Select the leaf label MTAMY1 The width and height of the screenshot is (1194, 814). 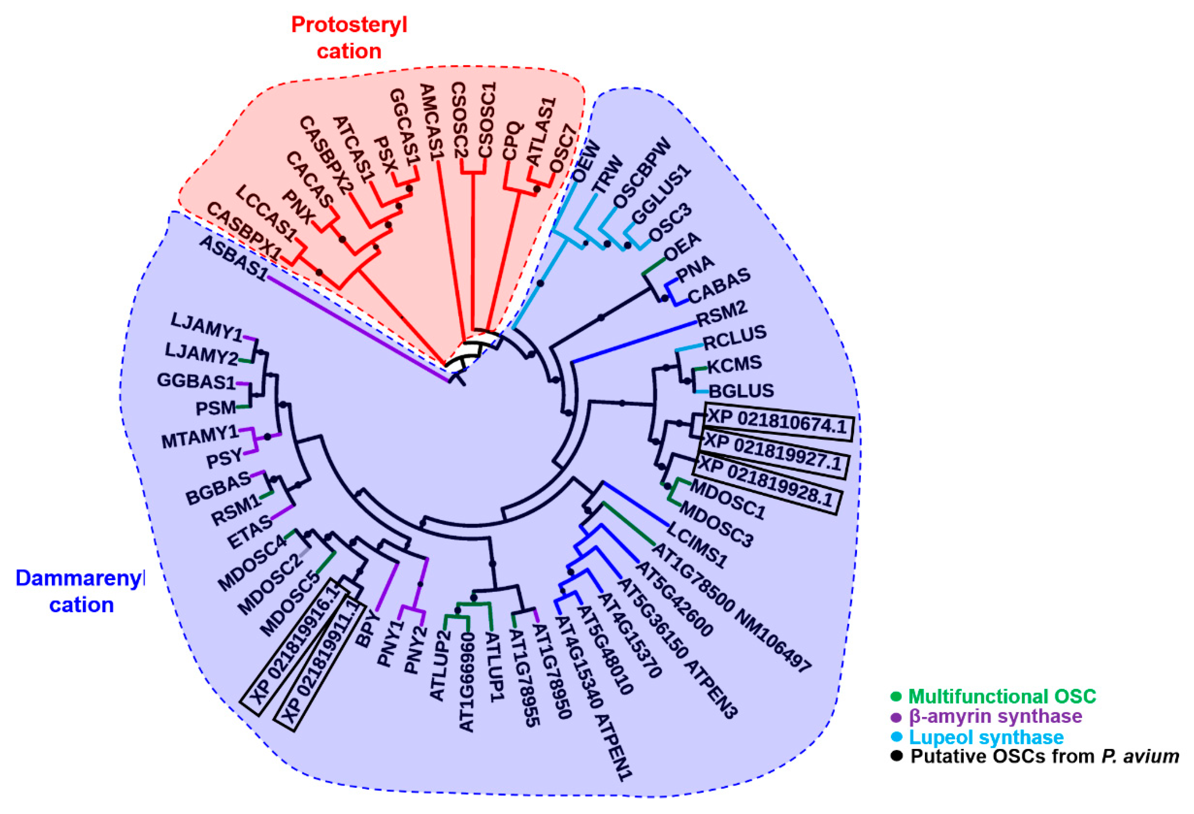pos(200,437)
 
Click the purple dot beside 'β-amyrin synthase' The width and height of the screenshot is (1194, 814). pos(896,717)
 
